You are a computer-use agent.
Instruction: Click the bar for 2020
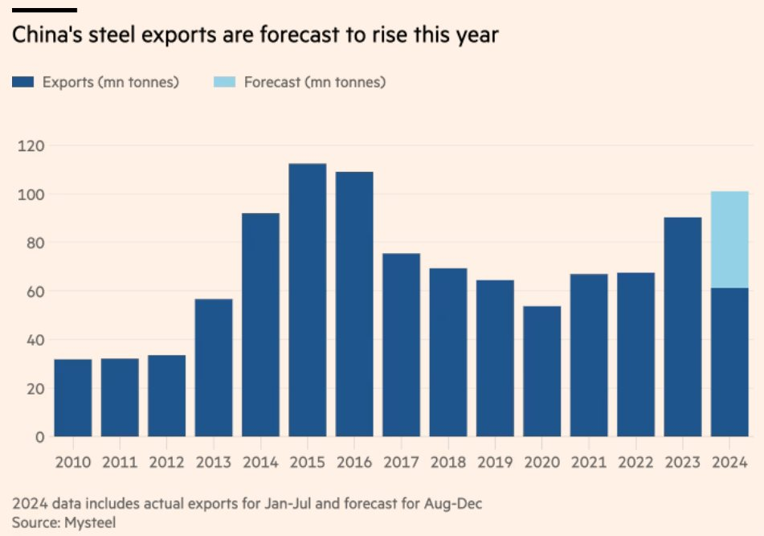click(x=542, y=371)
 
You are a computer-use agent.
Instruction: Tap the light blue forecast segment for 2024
click(x=729, y=239)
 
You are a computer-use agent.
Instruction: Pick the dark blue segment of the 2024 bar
click(x=729, y=362)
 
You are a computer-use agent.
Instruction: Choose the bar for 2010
click(x=73, y=398)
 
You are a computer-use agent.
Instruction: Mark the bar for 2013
click(x=214, y=368)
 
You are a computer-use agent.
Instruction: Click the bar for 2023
click(x=683, y=327)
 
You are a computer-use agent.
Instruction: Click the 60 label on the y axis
click(x=34, y=291)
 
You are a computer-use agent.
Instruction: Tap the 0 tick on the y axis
click(x=38, y=436)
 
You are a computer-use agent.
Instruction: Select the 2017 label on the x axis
click(x=401, y=462)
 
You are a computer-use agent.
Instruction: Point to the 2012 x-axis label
click(x=167, y=462)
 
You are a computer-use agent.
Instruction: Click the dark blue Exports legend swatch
click(x=22, y=82)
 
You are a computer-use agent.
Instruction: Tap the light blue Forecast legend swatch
click(x=224, y=82)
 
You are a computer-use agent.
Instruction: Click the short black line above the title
click(x=44, y=10)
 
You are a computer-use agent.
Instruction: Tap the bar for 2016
click(x=354, y=304)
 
